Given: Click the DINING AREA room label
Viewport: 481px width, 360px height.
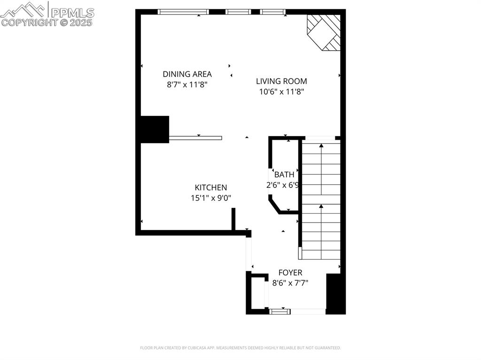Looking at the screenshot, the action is pyautogui.click(x=187, y=74).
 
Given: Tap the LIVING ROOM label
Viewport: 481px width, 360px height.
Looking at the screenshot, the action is pyautogui.click(x=282, y=81).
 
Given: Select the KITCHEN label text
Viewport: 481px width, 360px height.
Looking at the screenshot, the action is pyautogui.click(x=211, y=188).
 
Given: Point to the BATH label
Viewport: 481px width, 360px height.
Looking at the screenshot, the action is pyautogui.click(x=284, y=175).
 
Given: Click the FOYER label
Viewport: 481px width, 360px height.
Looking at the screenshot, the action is pyautogui.click(x=290, y=273).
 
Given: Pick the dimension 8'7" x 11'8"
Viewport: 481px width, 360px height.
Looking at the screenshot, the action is pyautogui.click(x=187, y=84).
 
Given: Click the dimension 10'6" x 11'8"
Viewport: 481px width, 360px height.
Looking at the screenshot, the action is pyautogui.click(x=282, y=92).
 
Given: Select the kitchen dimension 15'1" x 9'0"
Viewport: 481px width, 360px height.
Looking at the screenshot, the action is pyautogui.click(x=211, y=198).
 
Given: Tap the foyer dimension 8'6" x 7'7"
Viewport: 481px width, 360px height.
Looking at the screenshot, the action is pyautogui.click(x=290, y=283).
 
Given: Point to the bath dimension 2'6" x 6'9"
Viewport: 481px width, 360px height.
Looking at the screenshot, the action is pyautogui.click(x=282, y=185).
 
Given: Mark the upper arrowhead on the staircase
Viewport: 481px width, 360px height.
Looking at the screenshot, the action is pyautogui.click(x=321, y=146).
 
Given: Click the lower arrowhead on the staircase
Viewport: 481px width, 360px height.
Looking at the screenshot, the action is pyautogui.click(x=321, y=207).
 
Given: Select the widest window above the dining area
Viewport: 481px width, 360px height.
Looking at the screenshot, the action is pyautogui.click(x=183, y=12).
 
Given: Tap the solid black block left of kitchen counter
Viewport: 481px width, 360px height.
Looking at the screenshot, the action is pyautogui.click(x=155, y=130).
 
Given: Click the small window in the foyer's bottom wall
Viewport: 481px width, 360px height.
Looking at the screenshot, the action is pyautogui.click(x=280, y=312).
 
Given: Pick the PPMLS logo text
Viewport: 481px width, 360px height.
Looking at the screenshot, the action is pyautogui.click(x=72, y=13).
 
